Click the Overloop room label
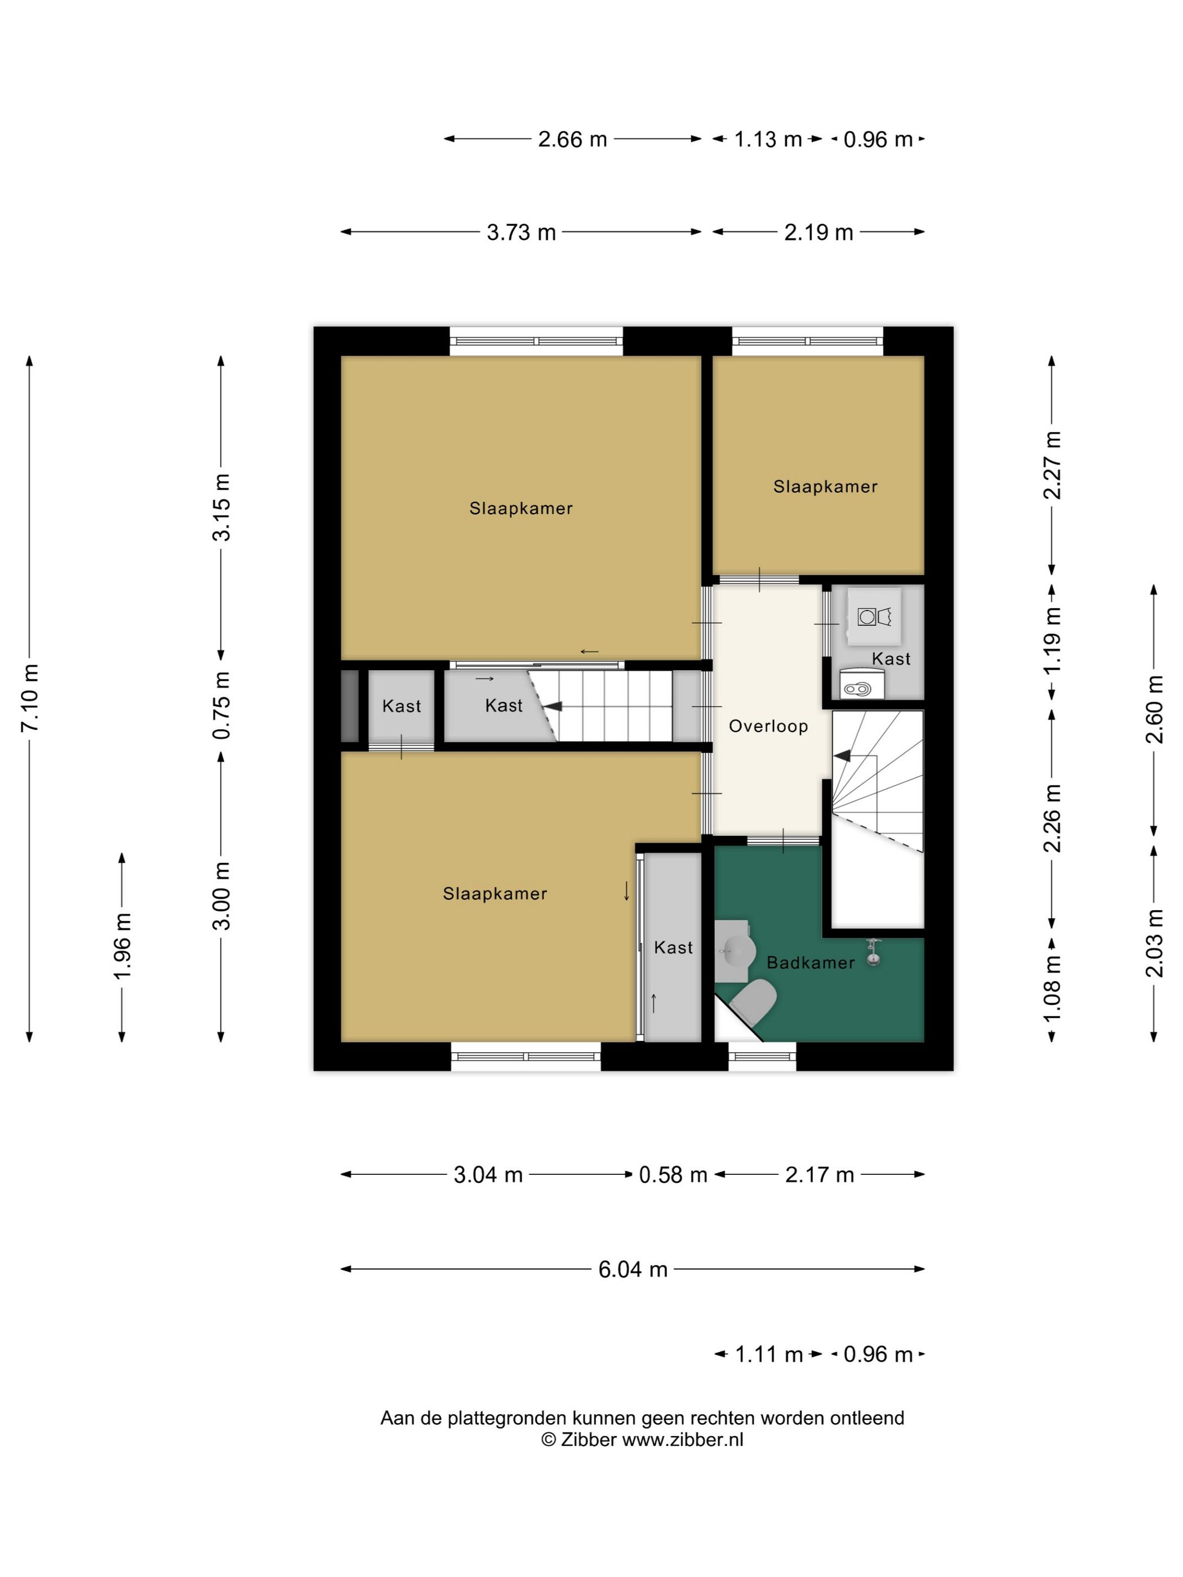point(768,727)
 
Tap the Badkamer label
point(811,963)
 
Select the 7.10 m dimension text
point(30,697)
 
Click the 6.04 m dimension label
point(633,1269)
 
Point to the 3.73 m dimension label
point(521,233)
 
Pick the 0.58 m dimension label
point(673,1175)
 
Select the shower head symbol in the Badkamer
point(872,952)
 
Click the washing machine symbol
point(874,616)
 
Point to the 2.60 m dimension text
point(1154,709)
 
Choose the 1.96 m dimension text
point(123,946)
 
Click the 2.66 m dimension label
point(572,139)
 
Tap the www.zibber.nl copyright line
point(642,1440)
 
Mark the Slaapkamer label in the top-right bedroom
point(825,487)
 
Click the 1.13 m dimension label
point(768,139)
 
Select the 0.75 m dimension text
point(223,705)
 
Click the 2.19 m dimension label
point(819,233)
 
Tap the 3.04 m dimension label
point(488,1175)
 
